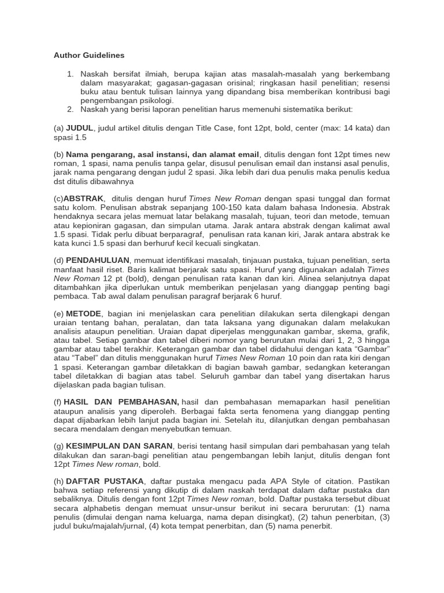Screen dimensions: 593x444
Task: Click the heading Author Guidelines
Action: coord(89,56)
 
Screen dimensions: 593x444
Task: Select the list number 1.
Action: coord(70,75)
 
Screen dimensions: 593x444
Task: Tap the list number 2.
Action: coord(70,109)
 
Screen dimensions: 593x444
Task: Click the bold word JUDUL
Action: coord(79,127)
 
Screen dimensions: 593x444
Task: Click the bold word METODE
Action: coord(83,313)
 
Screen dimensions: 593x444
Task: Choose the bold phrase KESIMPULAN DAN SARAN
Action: coord(119,446)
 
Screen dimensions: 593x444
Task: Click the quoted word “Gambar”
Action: coord(373,349)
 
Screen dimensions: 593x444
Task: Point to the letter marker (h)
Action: coord(59,481)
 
